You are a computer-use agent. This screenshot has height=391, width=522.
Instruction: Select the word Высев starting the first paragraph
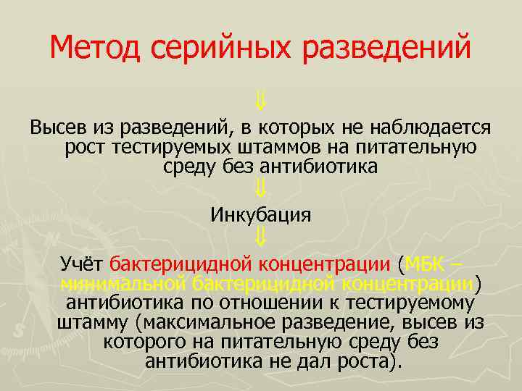coord(58,128)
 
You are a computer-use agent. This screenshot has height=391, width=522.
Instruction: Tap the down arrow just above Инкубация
coord(261,190)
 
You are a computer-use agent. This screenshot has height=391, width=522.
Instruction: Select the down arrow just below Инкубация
coord(261,236)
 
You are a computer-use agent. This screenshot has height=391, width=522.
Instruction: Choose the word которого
coord(141,341)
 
